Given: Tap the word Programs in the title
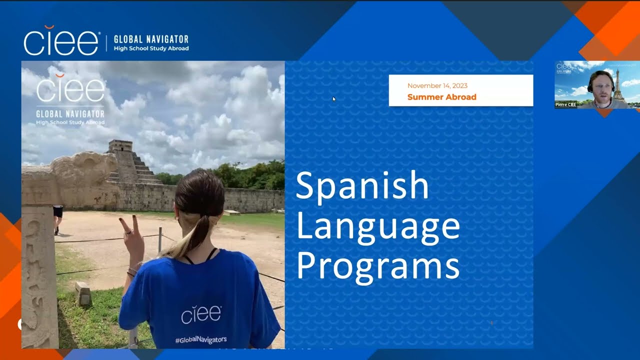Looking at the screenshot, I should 377,266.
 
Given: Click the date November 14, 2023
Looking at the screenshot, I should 437,86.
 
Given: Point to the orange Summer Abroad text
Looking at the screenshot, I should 441,97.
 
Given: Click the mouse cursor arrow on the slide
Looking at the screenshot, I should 334,99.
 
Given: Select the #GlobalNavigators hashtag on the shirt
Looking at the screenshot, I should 200,340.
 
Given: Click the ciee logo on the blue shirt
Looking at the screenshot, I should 201,315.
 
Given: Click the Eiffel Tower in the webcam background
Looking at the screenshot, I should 618,85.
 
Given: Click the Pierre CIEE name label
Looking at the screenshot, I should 565,104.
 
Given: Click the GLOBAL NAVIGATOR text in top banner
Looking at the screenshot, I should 151,39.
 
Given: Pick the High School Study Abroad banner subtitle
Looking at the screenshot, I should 151,48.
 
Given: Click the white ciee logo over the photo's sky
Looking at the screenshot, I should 70,90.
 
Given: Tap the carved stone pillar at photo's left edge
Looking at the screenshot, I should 39,275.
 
